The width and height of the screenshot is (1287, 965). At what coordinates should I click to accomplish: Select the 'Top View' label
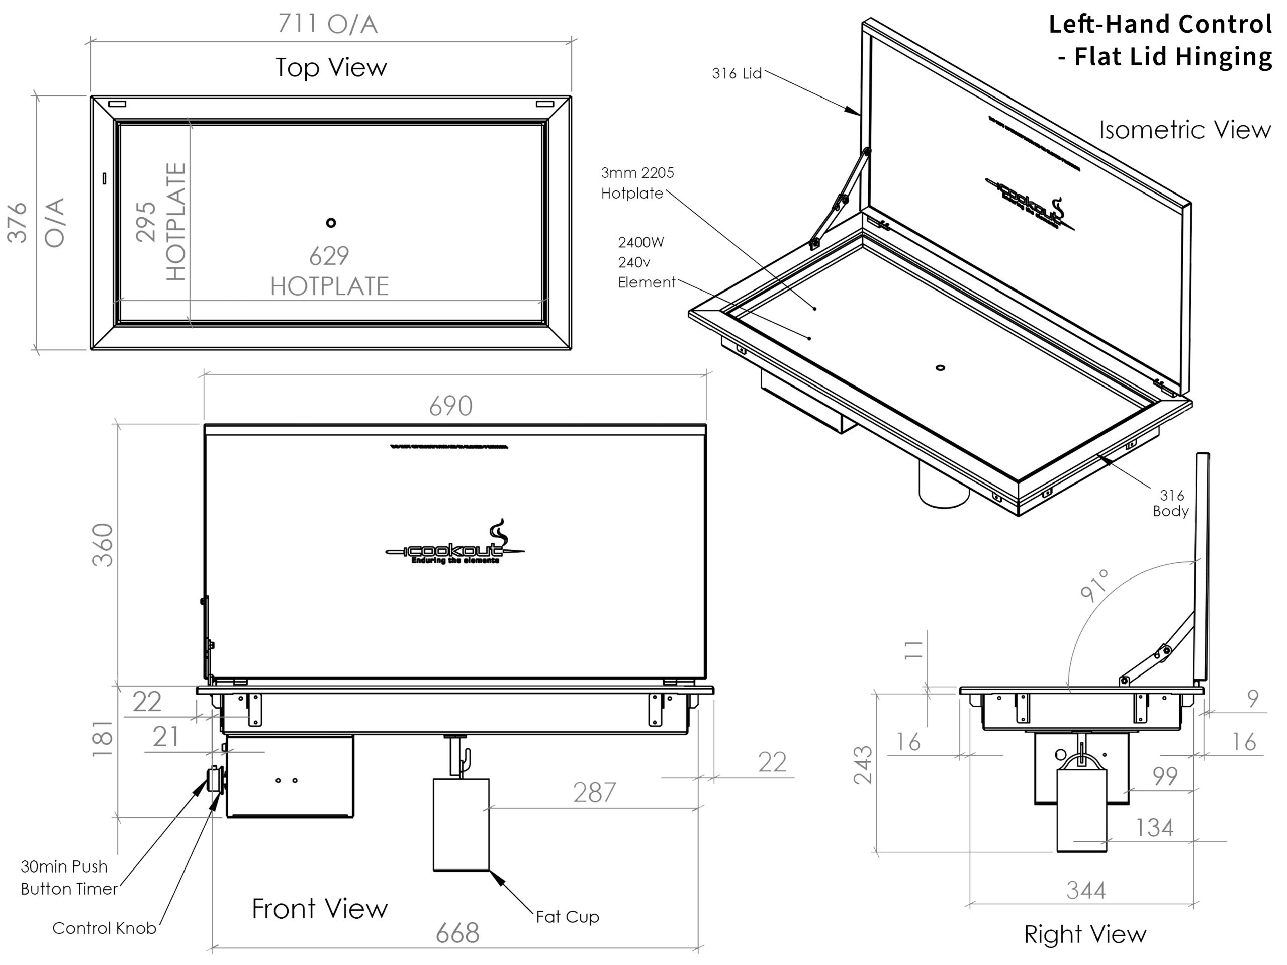click(x=331, y=67)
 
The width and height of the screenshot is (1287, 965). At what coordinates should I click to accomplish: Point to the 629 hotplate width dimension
click(x=329, y=256)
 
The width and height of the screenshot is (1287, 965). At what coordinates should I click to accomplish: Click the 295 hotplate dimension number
click(x=146, y=222)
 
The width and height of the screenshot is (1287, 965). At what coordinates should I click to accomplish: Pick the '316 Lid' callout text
click(x=737, y=74)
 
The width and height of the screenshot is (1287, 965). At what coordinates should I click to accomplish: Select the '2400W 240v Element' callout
click(x=646, y=262)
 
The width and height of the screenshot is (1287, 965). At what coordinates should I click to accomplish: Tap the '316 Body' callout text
click(x=1171, y=503)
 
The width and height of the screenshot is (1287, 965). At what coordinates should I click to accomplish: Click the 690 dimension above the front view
click(x=451, y=407)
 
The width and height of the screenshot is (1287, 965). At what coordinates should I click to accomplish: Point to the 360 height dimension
click(x=104, y=545)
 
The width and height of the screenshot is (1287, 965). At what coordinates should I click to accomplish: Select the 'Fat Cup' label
click(x=567, y=917)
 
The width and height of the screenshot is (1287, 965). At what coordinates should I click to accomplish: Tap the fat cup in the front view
click(x=462, y=824)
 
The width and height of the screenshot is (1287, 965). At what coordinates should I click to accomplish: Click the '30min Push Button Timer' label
click(x=69, y=878)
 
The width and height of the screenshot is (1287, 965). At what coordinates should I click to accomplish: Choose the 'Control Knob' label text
click(x=104, y=928)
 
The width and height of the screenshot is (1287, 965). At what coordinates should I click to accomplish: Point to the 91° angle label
click(x=1095, y=585)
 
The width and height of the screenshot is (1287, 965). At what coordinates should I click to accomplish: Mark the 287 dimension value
click(x=594, y=793)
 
